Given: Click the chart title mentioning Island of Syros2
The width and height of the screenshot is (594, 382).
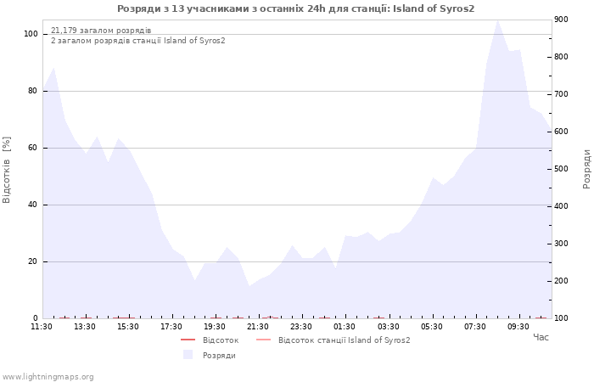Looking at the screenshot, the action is [295, 8].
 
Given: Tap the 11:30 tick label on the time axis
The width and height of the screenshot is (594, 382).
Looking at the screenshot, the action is [42, 327].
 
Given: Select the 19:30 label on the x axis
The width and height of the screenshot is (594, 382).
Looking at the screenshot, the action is [215, 327].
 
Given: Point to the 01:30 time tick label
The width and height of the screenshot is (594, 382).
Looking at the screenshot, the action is [345, 327].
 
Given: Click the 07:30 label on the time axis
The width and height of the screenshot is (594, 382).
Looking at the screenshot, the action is [474, 327].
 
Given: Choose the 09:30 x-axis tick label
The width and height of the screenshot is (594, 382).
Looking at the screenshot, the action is [518, 327].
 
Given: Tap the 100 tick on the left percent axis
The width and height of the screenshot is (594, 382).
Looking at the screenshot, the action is [31, 34].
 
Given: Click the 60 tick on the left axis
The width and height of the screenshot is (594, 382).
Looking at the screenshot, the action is [32, 148].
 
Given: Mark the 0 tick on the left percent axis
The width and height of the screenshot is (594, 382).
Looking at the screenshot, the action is [36, 318].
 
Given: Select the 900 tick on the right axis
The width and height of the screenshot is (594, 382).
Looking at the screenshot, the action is [561, 20].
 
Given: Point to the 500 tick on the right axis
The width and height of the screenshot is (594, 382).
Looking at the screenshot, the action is [561, 169].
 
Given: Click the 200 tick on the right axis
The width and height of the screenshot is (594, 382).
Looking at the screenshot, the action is [561, 281].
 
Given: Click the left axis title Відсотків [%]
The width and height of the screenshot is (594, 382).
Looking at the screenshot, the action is [7, 170].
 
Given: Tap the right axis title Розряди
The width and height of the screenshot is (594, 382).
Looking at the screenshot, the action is [586, 169].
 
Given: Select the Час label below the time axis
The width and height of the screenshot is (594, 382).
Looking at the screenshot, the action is [541, 337].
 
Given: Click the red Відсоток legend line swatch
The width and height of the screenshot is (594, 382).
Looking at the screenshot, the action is [188, 340].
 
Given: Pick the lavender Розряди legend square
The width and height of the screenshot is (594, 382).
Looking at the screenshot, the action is [188, 355].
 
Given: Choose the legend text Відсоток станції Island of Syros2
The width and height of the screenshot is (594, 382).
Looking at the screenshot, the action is [344, 340].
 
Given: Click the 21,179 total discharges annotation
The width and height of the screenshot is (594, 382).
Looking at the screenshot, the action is [101, 31].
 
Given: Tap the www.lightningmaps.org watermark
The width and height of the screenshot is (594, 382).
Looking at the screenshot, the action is [48, 377].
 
